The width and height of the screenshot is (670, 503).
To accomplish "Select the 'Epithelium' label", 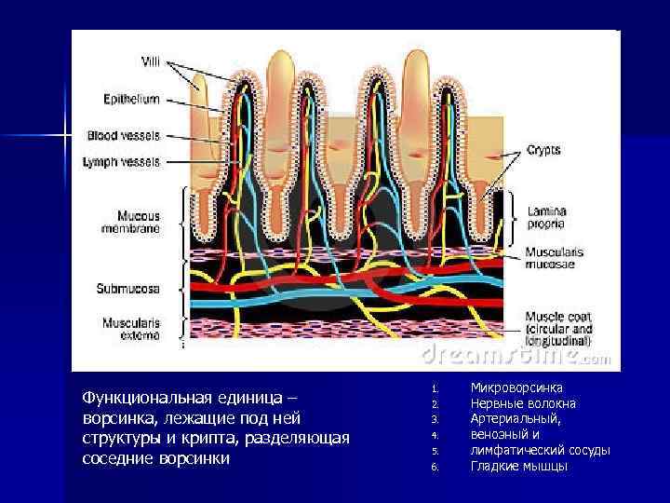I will tap(131, 98).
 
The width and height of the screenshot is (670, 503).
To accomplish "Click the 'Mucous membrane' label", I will tap(130, 221).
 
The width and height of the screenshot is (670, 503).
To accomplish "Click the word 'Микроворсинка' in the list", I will tap(516, 387).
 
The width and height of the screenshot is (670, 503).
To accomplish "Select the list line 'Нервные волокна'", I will tap(523, 403).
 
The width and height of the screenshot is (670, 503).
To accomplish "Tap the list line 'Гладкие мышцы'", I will tap(518, 467).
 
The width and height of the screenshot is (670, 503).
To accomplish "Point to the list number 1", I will tap(434, 387).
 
